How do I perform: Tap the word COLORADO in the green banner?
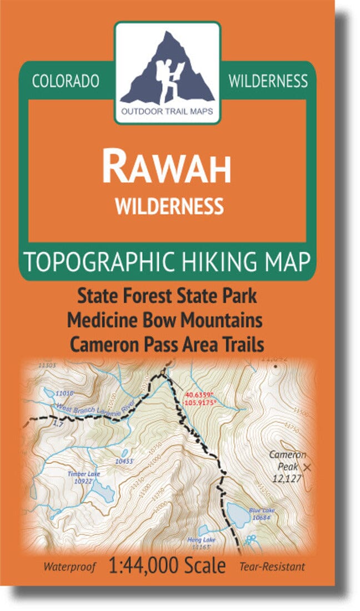coord(66,81)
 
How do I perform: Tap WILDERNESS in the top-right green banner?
coord(268,81)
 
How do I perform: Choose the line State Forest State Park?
coord(167,296)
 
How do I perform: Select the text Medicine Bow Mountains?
coord(165,320)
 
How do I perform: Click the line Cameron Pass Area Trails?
coord(167,344)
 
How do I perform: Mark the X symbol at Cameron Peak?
coord(309,468)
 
